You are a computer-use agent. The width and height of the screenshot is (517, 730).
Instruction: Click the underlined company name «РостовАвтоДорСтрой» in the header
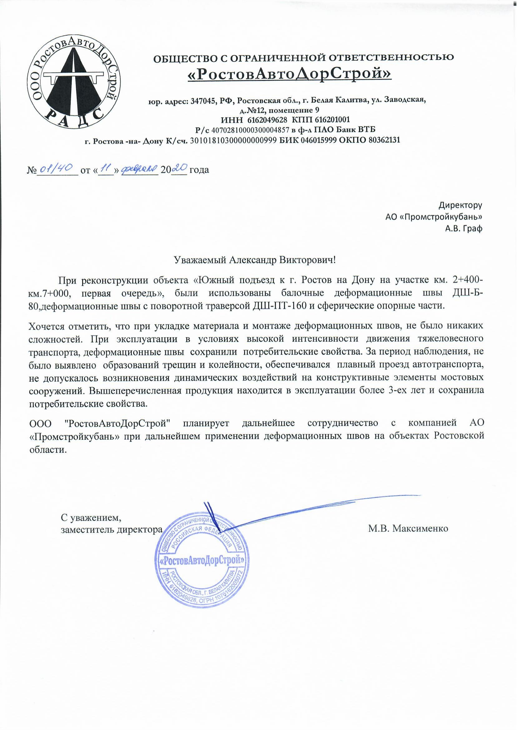(289, 75)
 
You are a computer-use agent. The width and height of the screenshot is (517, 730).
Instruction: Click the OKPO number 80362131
(381, 140)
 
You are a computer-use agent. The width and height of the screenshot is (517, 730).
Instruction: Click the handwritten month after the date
(139, 168)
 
